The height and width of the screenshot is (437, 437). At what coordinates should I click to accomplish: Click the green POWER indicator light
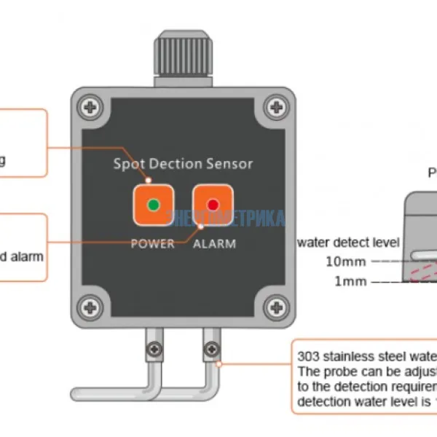click(x=153, y=205)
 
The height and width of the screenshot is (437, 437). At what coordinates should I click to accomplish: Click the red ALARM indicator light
click(x=213, y=205)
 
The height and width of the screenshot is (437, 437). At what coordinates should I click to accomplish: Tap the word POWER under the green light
click(x=152, y=244)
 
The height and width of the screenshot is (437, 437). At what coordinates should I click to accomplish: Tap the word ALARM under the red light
click(x=214, y=244)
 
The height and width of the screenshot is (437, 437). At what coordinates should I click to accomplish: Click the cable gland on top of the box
click(x=184, y=57)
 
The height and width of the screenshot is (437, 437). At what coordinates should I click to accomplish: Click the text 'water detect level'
click(x=347, y=242)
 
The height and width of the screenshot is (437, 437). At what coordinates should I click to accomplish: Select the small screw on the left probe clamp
click(x=153, y=350)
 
